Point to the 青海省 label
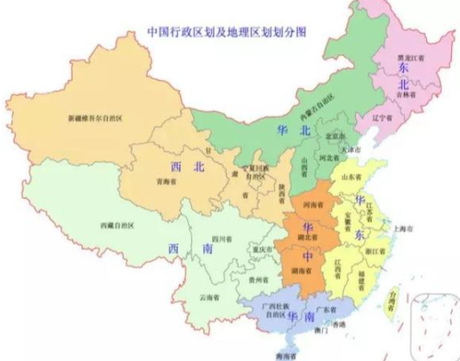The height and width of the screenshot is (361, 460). pos(166,182)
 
